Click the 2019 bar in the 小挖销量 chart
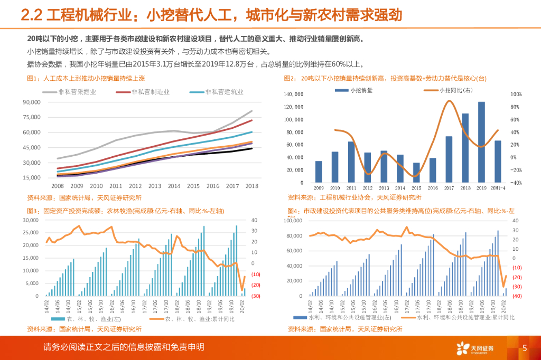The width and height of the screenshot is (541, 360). click(x=481, y=142)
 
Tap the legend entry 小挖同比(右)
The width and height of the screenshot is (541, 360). click(x=447, y=90)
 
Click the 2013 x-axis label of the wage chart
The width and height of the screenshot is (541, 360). click(x=155, y=186)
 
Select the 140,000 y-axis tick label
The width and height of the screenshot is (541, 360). click(x=294, y=94)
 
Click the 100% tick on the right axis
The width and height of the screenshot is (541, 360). click(x=516, y=94)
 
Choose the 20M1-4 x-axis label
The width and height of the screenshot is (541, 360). click(x=497, y=188)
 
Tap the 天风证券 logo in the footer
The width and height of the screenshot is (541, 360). click(x=475, y=348)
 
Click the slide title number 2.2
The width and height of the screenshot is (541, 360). click(x=31, y=14)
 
